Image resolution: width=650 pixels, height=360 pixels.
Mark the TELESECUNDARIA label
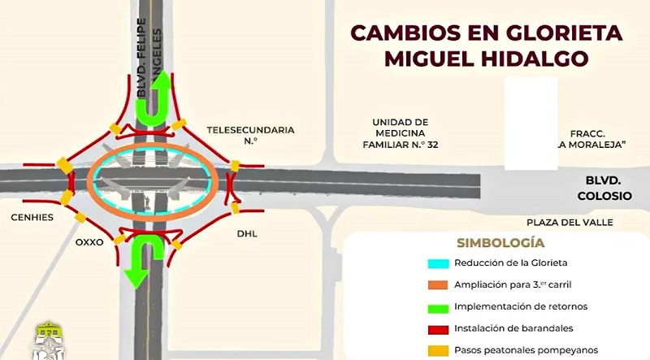click(249, 130)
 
